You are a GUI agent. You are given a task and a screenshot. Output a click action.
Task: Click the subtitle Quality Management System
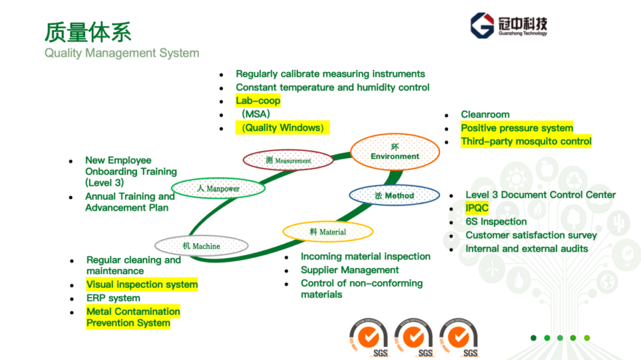(x=121, y=53)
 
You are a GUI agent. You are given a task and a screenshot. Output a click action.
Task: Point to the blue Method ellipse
(x=394, y=195)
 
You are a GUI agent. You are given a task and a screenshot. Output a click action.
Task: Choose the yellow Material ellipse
(x=328, y=232)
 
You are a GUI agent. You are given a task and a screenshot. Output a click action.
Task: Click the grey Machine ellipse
(x=202, y=246)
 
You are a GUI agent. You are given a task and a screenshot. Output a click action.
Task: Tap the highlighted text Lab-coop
(x=258, y=101)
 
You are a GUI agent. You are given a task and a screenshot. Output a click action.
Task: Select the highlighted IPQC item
(x=477, y=208)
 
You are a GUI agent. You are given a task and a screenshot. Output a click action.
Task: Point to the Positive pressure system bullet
(x=516, y=128)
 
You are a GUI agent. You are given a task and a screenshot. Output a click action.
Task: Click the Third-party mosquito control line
(x=526, y=141)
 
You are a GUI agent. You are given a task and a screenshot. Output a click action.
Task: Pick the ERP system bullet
(x=113, y=298)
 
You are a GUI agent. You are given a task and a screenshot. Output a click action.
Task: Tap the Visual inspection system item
(x=141, y=285)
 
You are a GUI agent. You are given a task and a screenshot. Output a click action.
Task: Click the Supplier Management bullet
(x=349, y=270)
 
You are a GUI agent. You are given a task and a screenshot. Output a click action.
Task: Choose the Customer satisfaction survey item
(x=531, y=235)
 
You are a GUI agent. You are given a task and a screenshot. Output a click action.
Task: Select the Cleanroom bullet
(x=485, y=115)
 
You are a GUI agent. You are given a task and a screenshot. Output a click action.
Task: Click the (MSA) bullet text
(x=255, y=115)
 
